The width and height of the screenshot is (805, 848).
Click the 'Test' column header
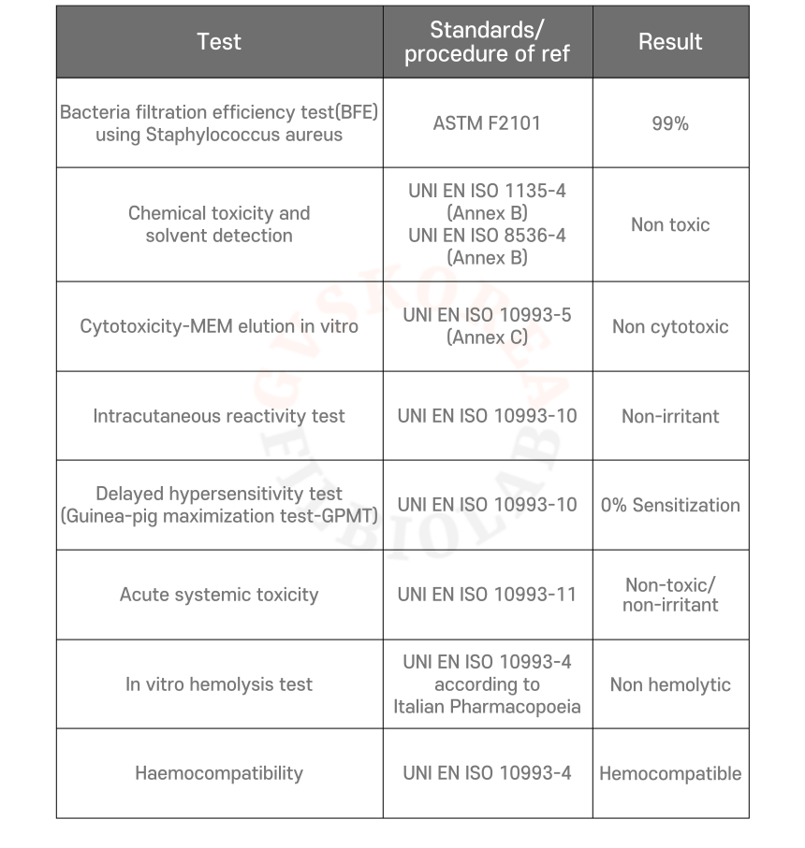coord(219,42)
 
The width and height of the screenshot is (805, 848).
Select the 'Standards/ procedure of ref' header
coord(487,42)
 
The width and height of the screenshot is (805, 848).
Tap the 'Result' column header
coord(670,42)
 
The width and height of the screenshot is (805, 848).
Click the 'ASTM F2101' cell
coord(487,123)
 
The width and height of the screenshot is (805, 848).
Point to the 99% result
coord(670,123)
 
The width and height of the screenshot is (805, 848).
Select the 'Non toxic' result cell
coord(670,224)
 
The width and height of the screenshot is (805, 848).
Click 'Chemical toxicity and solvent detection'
coord(219,224)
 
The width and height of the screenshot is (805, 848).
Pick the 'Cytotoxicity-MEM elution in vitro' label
coord(219,326)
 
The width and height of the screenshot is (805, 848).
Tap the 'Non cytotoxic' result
coord(670,326)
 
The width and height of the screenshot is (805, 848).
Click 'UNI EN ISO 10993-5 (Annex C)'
coord(487,326)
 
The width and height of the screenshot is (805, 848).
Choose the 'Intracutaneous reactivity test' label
coord(219,416)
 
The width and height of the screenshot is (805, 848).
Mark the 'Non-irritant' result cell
coord(670,416)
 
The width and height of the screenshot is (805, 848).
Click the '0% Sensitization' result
coord(670,505)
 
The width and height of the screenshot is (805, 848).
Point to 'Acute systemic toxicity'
coord(219,595)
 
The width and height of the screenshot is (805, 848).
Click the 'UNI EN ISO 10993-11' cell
coord(487,595)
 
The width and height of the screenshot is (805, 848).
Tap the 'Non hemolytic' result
coord(670,684)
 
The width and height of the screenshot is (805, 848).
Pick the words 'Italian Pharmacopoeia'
coord(487,707)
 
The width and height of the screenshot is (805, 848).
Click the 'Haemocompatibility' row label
coord(219,773)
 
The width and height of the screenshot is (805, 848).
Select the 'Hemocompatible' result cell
coord(670,773)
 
